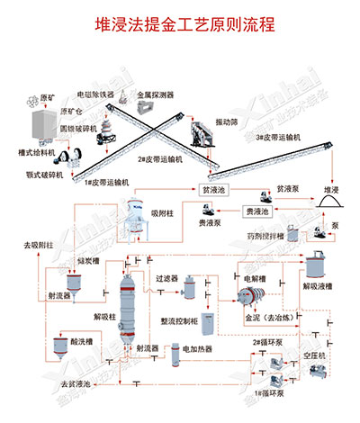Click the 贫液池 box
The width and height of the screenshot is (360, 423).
click(x=213, y=191)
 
